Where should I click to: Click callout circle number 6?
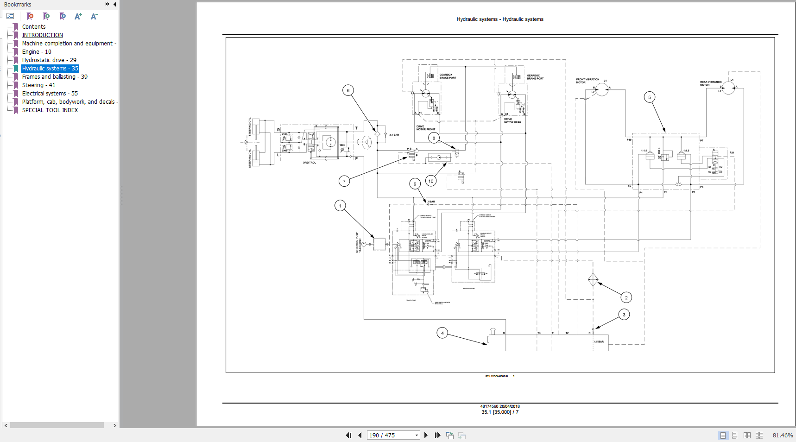pyautogui.click(x=348, y=90)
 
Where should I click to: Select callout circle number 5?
pyautogui.click(x=650, y=97)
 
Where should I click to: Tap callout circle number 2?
pyautogui.click(x=626, y=297)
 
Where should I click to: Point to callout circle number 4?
pyautogui.click(x=442, y=333)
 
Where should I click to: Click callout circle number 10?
pyautogui.click(x=431, y=181)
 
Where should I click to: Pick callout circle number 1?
pyautogui.click(x=340, y=206)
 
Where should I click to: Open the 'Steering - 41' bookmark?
pyautogui.click(x=38, y=85)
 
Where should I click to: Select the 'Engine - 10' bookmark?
pyautogui.click(x=37, y=52)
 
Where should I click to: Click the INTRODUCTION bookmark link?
pyautogui.click(x=43, y=35)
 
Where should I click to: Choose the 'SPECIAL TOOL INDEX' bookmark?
pyautogui.click(x=50, y=110)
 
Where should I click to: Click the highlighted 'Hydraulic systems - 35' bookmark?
pyautogui.click(x=50, y=69)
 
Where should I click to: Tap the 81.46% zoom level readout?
pyautogui.click(x=783, y=435)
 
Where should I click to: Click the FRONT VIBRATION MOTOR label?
pyautogui.click(x=587, y=81)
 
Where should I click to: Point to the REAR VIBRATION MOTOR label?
pyautogui.click(x=710, y=83)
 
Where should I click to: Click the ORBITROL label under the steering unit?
pyautogui.click(x=310, y=163)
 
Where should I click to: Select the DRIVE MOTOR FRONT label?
pyautogui.click(x=425, y=128)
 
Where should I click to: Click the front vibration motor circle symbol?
pyautogui.click(x=602, y=89)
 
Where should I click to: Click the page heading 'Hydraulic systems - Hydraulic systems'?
pyautogui.click(x=499, y=19)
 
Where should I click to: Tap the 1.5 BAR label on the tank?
pyautogui.click(x=599, y=341)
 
